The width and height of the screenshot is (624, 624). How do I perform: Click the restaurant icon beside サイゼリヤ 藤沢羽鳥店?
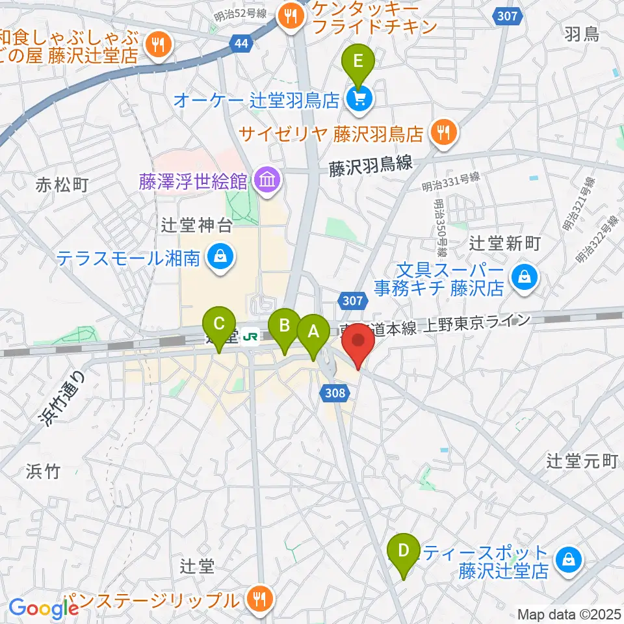tap(444, 134)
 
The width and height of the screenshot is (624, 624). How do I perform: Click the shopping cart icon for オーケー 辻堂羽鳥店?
tap(357, 99)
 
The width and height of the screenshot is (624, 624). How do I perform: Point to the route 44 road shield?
tap(240, 44)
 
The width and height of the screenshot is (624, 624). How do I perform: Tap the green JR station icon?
tap(249, 336)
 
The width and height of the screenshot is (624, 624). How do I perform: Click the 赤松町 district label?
tap(62, 185)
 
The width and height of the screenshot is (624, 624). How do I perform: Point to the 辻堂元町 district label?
tap(581, 461)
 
